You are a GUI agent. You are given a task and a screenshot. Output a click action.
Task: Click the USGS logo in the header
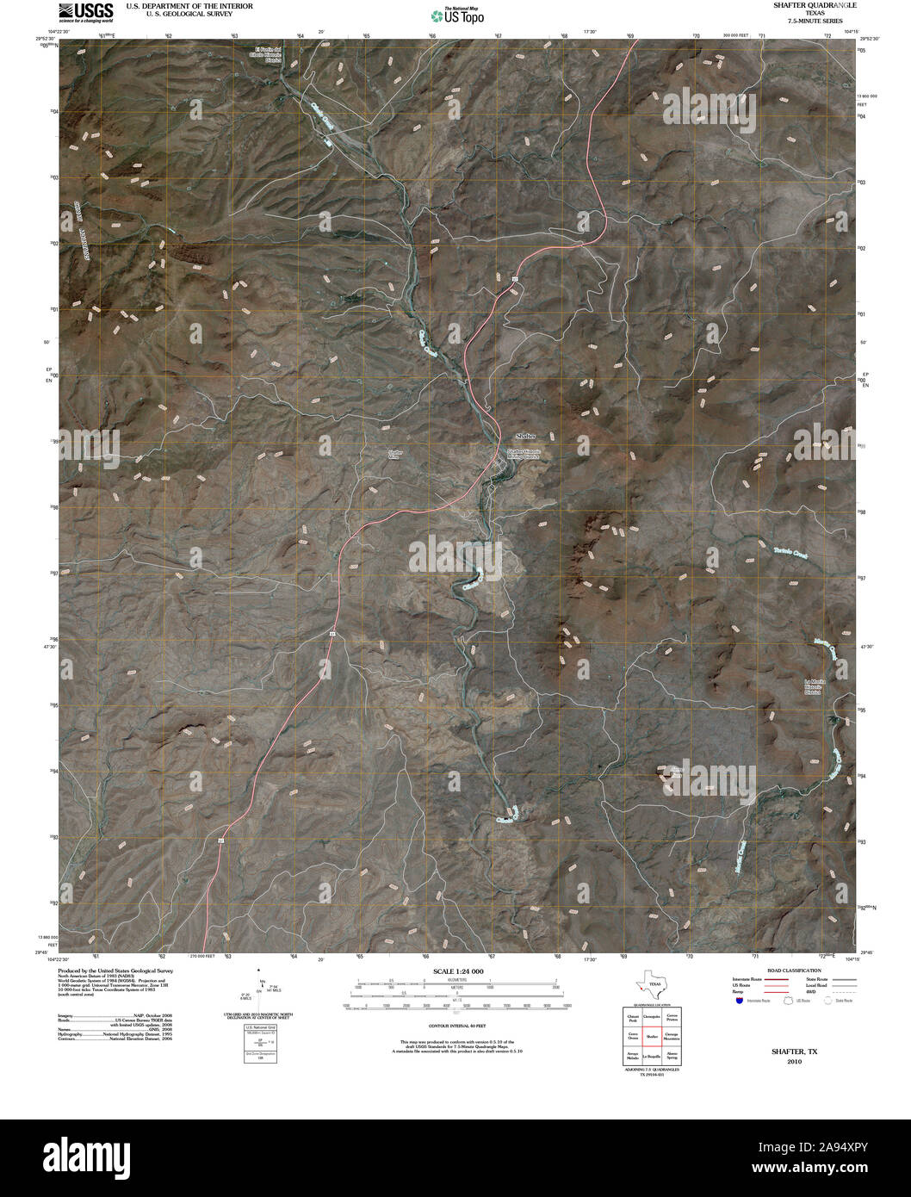(x=85, y=11)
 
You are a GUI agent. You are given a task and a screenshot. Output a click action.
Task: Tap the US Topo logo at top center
(x=457, y=15)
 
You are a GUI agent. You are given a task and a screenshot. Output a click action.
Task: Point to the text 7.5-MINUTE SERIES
(x=809, y=21)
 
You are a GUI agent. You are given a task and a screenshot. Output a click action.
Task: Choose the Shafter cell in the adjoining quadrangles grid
(x=652, y=1037)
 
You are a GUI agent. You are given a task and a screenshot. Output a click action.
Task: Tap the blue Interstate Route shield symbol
(x=739, y=1002)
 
